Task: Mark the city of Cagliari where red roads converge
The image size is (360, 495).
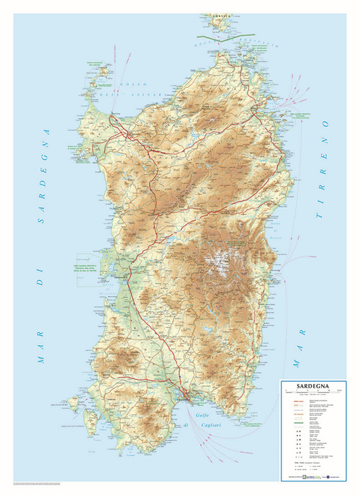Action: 186,396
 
